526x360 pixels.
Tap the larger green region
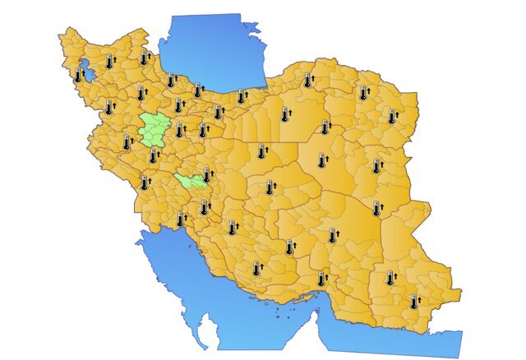pos(152,128)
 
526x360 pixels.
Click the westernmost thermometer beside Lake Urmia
pos(79,75)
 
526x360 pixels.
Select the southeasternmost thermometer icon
pos(414,302)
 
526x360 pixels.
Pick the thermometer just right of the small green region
pos(207,175)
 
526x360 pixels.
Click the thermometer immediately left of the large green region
pos(127,142)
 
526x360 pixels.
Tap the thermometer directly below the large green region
pos(153,156)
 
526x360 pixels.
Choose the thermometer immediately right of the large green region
pos(179,130)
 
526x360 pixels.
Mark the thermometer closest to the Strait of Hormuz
pos(321,279)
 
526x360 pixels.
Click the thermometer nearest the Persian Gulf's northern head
pos(180,219)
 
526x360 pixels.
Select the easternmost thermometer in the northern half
pos(392,117)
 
